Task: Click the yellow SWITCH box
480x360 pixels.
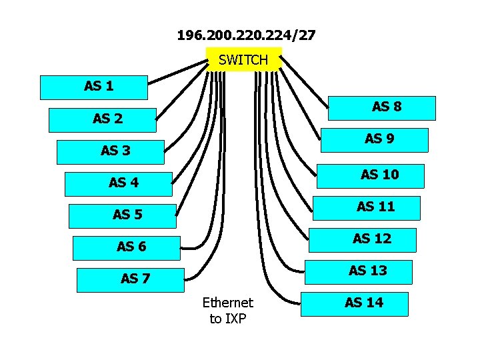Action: pyautogui.click(x=243, y=59)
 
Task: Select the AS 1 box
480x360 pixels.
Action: pyautogui.click(x=94, y=87)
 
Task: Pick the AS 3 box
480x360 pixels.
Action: pyautogui.click(x=111, y=152)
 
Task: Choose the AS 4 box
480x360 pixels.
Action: pyautogui.click(x=119, y=183)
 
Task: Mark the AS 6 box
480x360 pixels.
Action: pyautogui.click(x=126, y=247)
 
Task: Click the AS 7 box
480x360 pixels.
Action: pyautogui.click(x=130, y=279)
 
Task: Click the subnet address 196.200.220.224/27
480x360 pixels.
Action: pyautogui.click(x=246, y=35)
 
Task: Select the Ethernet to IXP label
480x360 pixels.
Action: pyautogui.click(x=228, y=311)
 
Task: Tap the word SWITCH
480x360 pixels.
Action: pyautogui.click(x=243, y=60)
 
